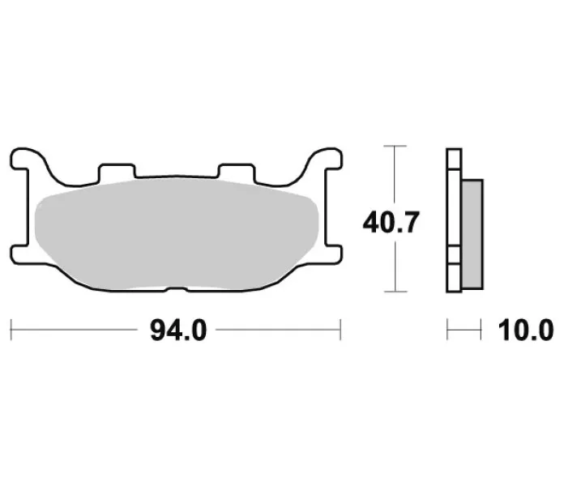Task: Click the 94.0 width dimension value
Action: point(178,330)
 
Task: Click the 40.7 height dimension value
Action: point(391,222)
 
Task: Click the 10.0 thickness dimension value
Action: point(526,330)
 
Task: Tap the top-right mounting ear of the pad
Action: point(327,158)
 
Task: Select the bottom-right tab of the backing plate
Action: point(333,255)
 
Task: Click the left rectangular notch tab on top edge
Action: point(117,172)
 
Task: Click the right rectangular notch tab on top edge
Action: point(237,172)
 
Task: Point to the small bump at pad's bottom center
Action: point(177,289)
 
